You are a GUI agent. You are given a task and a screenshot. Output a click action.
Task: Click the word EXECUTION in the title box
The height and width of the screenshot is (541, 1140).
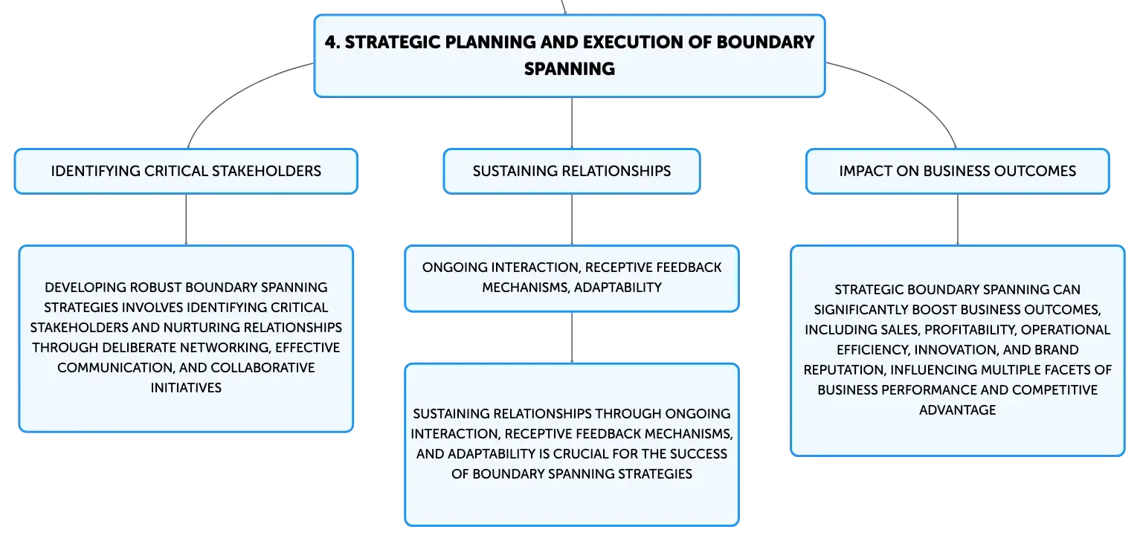point(631,42)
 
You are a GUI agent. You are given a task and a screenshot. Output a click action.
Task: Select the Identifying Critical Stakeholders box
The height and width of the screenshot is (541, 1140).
point(186,172)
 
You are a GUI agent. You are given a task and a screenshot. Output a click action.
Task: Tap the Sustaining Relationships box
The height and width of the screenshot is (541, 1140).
point(572,172)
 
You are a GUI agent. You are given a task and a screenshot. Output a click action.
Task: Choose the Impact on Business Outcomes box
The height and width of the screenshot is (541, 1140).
point(957,172)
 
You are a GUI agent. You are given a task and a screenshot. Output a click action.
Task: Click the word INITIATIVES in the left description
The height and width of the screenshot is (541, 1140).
point(186,388)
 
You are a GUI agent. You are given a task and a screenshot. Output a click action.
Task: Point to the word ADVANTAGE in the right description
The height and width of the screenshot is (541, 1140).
point(957,410)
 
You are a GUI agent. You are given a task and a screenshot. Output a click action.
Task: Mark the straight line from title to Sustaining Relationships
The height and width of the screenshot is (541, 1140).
point(572,123)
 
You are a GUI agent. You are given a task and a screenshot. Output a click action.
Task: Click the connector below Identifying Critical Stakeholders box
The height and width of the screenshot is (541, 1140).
point(186,220)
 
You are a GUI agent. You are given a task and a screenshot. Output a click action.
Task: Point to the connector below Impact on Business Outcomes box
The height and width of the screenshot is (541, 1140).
point(957,220)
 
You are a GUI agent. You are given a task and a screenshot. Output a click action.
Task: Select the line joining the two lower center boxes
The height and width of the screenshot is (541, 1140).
point(572,337)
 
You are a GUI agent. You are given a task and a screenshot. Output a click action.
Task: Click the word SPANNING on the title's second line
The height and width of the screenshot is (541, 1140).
point(570,69)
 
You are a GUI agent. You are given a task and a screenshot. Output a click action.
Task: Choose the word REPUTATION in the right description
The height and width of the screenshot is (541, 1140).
point(843,370)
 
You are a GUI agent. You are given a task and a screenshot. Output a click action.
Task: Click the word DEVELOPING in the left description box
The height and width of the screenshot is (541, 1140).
point(85,288)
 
